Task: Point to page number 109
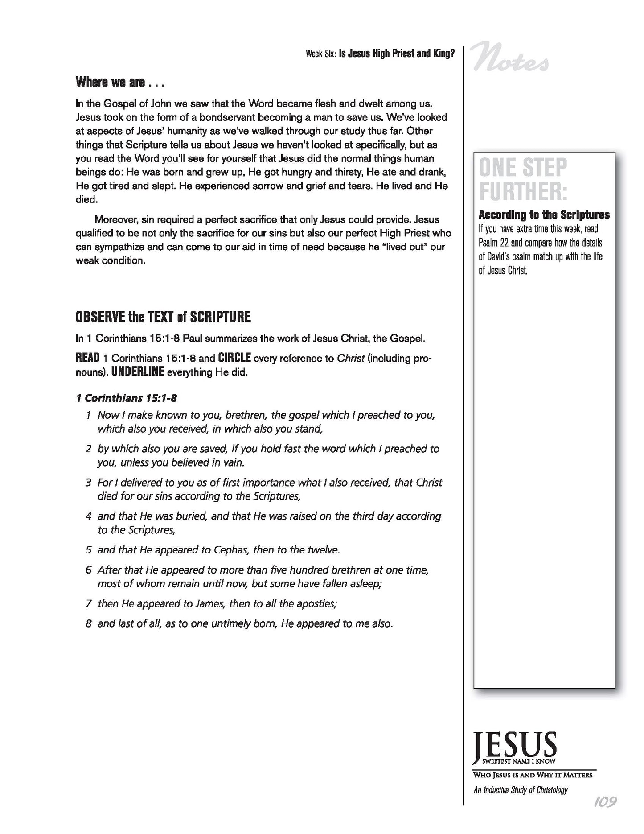(x=605, y=814)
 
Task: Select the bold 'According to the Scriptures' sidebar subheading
(x=544, y=215)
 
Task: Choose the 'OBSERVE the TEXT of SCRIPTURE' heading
(x=163, y=317)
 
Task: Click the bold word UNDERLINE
(x=138, y=372)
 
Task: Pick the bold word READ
(x=87, y=358)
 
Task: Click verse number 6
(x=89, y=570)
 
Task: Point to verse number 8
(x=89, y=623)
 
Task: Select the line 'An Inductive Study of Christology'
(x=521, y=790)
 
